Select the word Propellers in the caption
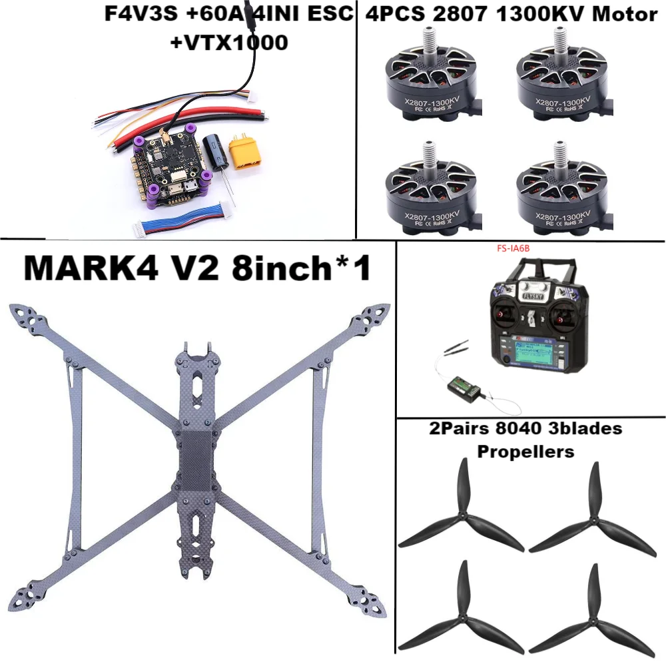[525, 451]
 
